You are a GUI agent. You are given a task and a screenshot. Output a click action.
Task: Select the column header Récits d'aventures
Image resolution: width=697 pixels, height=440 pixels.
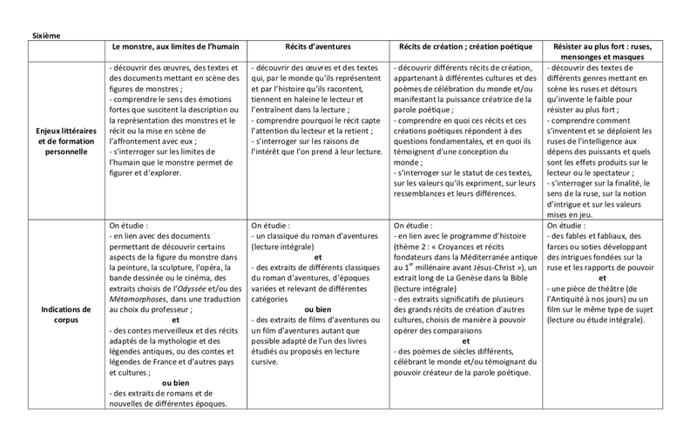(318, 45)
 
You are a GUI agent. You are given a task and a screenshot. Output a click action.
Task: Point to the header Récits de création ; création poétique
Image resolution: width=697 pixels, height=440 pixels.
(465, 45)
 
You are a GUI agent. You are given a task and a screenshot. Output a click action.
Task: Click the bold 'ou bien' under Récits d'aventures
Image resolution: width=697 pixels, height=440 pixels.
(317, 308)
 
